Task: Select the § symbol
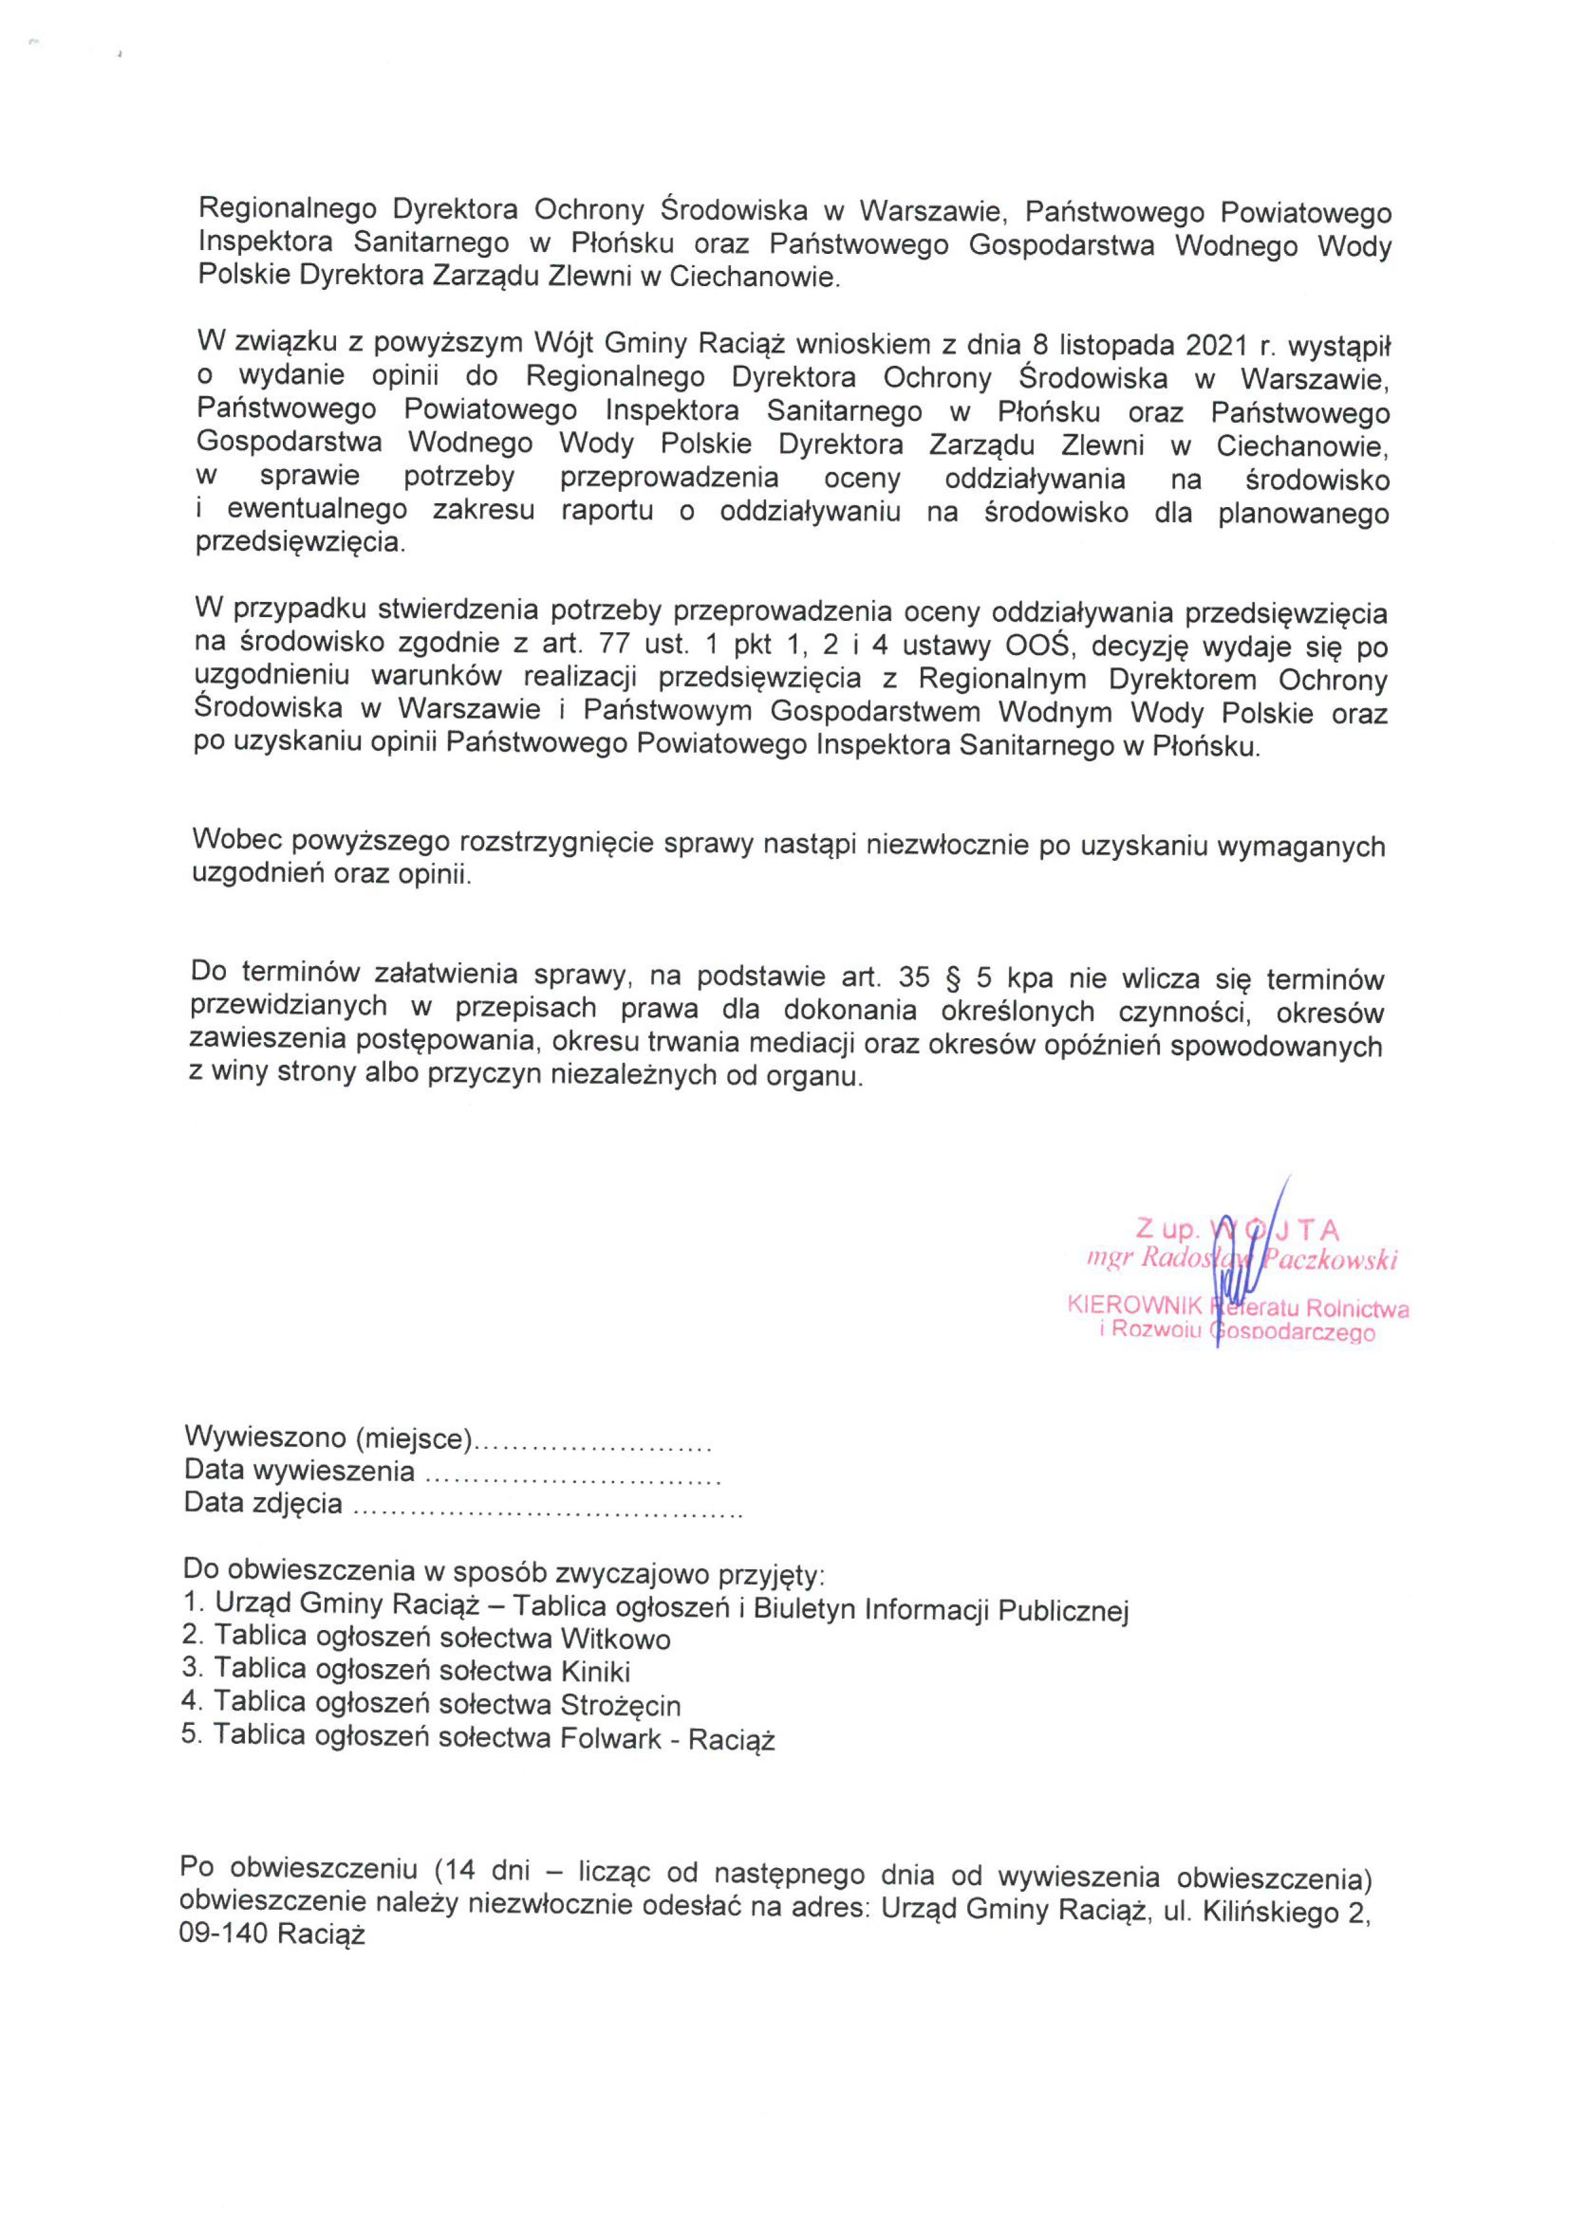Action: click(x=954, y=977)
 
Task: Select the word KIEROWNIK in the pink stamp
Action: click(x=1134, y=1305)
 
